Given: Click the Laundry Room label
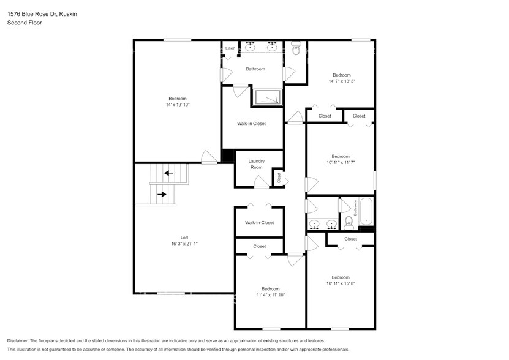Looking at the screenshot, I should click(256, 164).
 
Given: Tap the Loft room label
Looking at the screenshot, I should click(184, 238).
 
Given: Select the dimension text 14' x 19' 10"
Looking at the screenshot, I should click(178, 105).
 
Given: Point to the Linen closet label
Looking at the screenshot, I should click(230, 48).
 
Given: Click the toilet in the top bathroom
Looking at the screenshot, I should click(296, 49).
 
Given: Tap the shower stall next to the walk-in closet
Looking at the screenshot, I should click(267, 97).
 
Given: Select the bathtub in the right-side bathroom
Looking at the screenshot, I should click(366, 212).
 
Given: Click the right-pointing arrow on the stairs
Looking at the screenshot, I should click(162, 195).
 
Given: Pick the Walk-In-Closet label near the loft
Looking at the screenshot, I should click(259, 223).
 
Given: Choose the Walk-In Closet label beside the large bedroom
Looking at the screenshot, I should click(251, 124).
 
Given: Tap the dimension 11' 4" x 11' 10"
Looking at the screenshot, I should click(270, 295).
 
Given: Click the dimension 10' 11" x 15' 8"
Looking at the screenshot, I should click(341, 283).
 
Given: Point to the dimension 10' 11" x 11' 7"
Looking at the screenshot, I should click(341, 162).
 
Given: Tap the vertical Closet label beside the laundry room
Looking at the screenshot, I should click(279, 178).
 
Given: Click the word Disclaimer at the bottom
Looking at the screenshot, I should click(21, 340).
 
